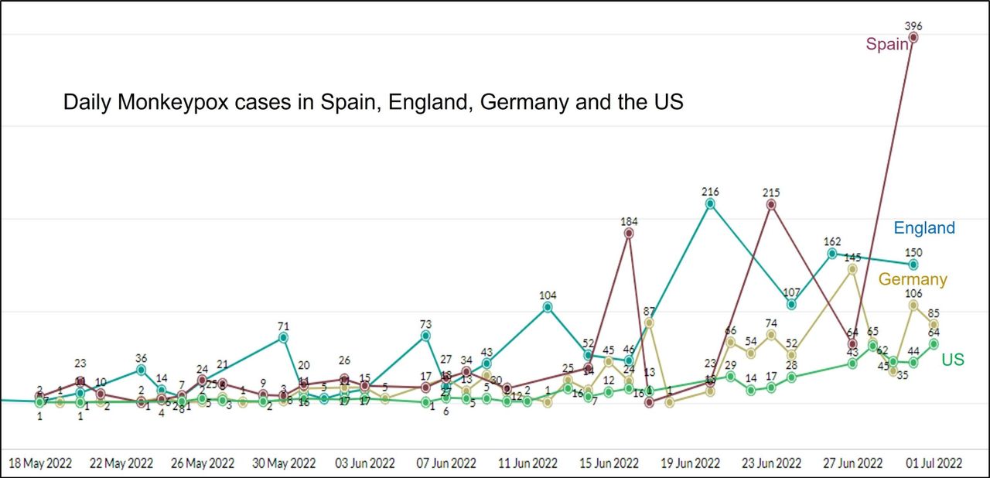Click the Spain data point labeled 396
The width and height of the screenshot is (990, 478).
(x=913, y=37)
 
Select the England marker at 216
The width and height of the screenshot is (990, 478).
(x=710, y=203)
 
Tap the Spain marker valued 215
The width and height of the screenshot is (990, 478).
(x=771, y=204)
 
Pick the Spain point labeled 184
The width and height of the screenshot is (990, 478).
(x=629, y=232)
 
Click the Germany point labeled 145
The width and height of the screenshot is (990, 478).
(x=852, y=269)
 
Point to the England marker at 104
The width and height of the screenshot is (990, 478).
(x=548, y=307)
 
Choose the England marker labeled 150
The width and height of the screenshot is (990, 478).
(x=913, y=265)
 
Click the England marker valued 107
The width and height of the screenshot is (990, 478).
(x=791, y=305)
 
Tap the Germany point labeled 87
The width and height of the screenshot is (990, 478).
(x=649, y=323)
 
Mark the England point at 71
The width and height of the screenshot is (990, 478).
(x=283, y=337)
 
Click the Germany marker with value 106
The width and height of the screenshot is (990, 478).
(x=913, y=306)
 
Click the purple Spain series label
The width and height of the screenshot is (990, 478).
(x=886, y=44)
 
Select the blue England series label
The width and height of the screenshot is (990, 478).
(x=924, y=228)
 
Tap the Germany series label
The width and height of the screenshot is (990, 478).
(x=913, y=279)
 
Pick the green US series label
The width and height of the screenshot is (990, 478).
(x=953, y=360)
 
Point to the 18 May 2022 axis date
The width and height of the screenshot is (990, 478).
(x=40, y=463)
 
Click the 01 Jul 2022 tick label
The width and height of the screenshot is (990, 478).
(x=934, y=463)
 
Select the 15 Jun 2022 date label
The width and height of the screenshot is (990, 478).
(x=609, y=463)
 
